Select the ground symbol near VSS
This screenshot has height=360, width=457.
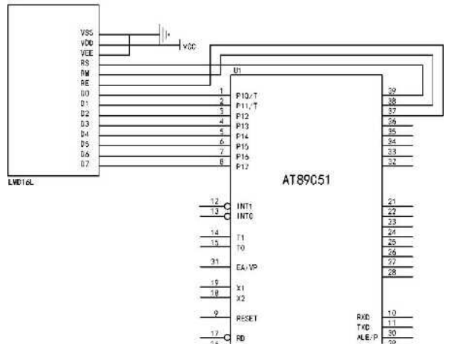tap(162, 33)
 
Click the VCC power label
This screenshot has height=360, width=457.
tap(190, 46)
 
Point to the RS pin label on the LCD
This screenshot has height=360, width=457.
tap(85, 63)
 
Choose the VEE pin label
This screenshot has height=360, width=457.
tap(86, 53)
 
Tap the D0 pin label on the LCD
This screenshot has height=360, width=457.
tap(85, 94)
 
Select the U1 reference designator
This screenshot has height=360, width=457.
tap(237, 70)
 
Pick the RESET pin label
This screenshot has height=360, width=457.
tap(246, 318)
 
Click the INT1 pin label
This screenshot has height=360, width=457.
tap(243, 206)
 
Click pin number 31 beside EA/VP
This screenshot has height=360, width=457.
tap(215, 261)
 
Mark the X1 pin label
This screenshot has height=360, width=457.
tap(240, 287)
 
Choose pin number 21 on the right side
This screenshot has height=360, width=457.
tap(392, 201)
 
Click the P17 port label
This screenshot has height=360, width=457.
tap(242, 166)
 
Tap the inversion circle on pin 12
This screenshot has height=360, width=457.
tap(226, 206)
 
